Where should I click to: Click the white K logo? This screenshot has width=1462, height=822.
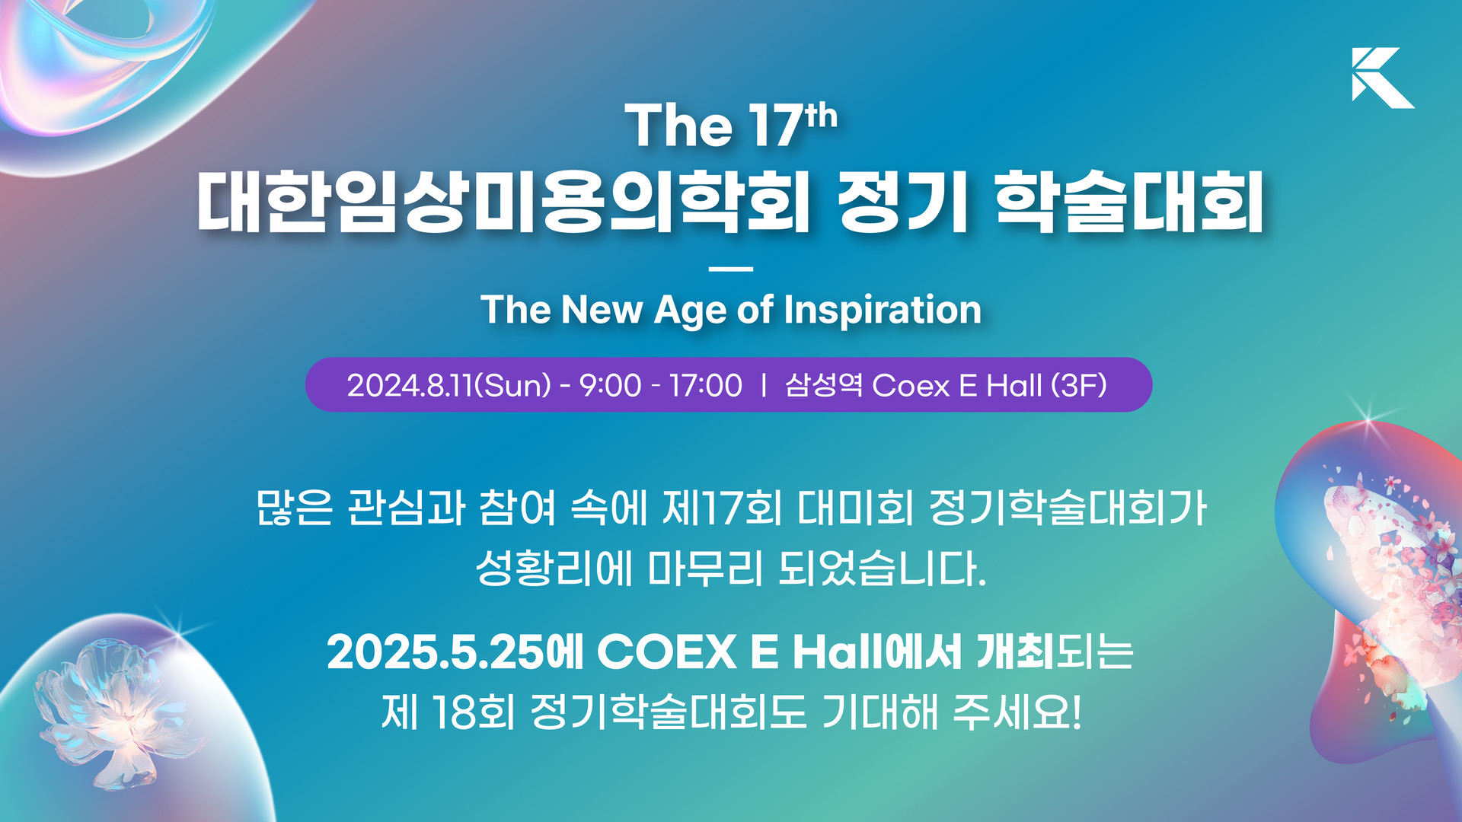click(1380, 78)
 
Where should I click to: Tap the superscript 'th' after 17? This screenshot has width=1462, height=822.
click(821, 117)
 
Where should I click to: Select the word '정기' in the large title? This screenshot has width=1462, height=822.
click(902, 202)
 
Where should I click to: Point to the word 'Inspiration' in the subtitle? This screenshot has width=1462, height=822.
click(883, 311)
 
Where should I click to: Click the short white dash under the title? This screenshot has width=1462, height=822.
click(730, 269)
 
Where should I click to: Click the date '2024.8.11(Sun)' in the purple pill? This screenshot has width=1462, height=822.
click(449, 385)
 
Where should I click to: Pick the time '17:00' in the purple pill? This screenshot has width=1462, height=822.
click(706, 385)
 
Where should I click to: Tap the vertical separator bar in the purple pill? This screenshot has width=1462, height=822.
click(764, 385)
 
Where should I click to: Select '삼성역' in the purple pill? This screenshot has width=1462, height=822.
click(824, 385)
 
